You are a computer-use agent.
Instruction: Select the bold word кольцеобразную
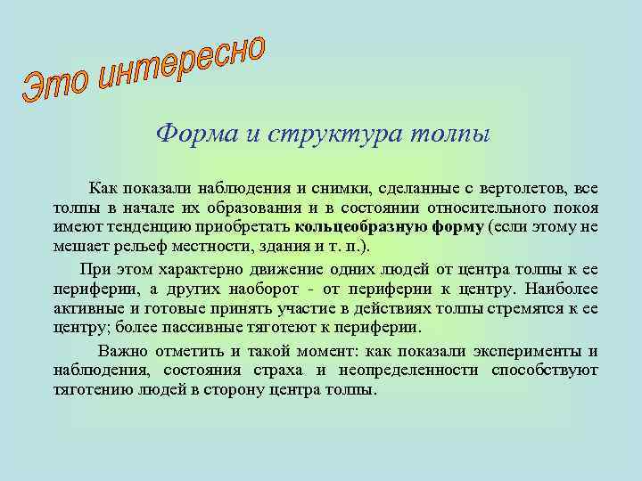pos(362,225)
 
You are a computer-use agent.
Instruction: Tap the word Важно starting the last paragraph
pos(125,351)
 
